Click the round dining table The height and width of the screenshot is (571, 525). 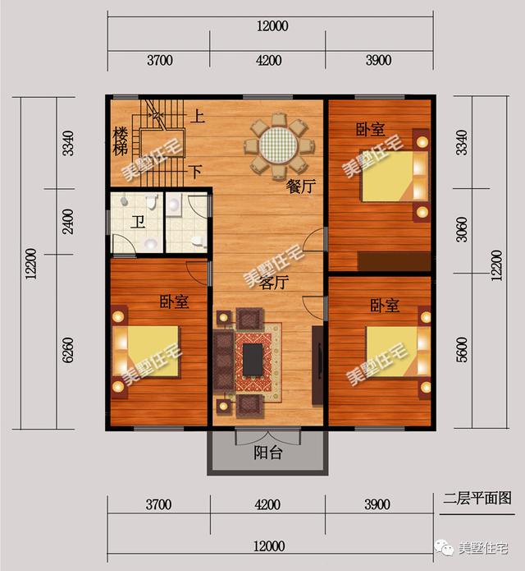[x=279, y=146]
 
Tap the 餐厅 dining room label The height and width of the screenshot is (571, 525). [x=300, y=186]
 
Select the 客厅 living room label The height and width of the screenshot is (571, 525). [x=274, y=283]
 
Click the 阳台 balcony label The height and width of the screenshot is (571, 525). [x=268, y=453]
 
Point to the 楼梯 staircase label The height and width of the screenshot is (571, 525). [x=120, y=141]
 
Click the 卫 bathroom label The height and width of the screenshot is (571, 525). [x=138, y=222]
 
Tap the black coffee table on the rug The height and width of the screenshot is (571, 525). [x=253, y=359]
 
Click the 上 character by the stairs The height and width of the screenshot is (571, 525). [x=198, y=117]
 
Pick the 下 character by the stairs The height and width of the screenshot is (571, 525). [x=195, y=171]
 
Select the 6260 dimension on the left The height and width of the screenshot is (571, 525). [x=68, y=350]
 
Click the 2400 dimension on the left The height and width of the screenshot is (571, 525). [x=68, y=221]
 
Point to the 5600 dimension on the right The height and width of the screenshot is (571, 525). [x=461, y=350]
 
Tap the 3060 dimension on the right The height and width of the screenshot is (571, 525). [x=461, y=229]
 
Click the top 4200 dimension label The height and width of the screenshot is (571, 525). [x=269, y=61]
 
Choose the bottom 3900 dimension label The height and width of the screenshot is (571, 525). [x=377, y=504]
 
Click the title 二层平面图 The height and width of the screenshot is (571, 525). [x=477, y=498]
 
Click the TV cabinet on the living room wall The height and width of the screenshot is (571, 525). [x=317, y=366]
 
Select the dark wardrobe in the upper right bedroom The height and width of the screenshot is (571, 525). [x=394, y=261]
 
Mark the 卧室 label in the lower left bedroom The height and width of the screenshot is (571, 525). [x=175, y=302]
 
